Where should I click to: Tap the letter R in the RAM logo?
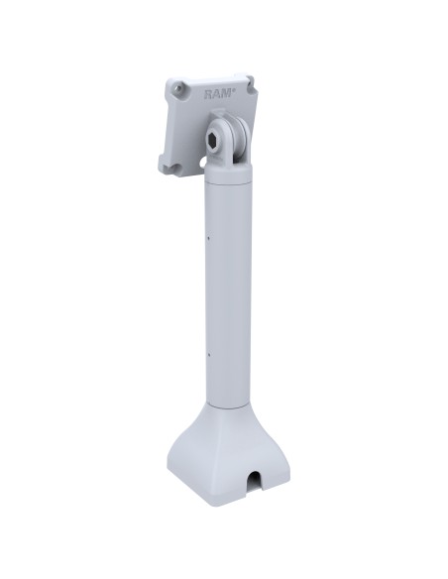click(x=209, y=94)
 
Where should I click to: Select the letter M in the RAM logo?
click(x=227, y=94)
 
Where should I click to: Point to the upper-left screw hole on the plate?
click(x=178, y=88)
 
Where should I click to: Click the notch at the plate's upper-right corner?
click(x=251, y=83)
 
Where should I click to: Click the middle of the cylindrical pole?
click(x=231, y=297)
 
